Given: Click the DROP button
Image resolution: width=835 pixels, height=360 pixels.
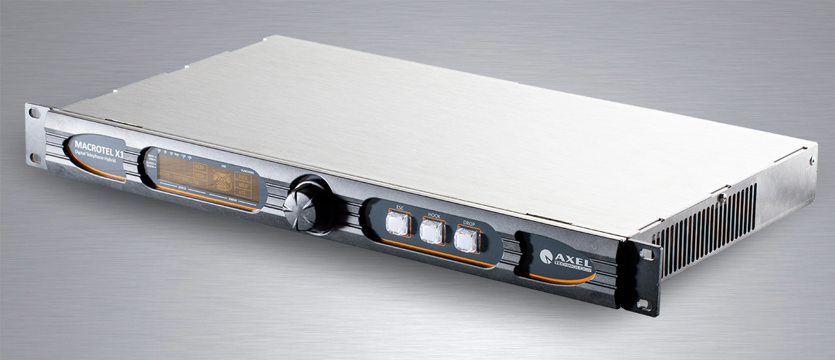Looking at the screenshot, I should (466, 240).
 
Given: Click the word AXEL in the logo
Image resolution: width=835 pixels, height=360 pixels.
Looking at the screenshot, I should (574, 258).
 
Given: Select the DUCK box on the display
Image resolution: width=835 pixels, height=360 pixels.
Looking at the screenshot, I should (243, 177).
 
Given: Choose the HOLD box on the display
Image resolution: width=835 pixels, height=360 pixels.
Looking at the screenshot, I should (243, 187).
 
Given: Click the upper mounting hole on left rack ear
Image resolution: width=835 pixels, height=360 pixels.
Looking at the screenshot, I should (35, 114).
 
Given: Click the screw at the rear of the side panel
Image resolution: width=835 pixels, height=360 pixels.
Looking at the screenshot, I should (813, 160).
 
